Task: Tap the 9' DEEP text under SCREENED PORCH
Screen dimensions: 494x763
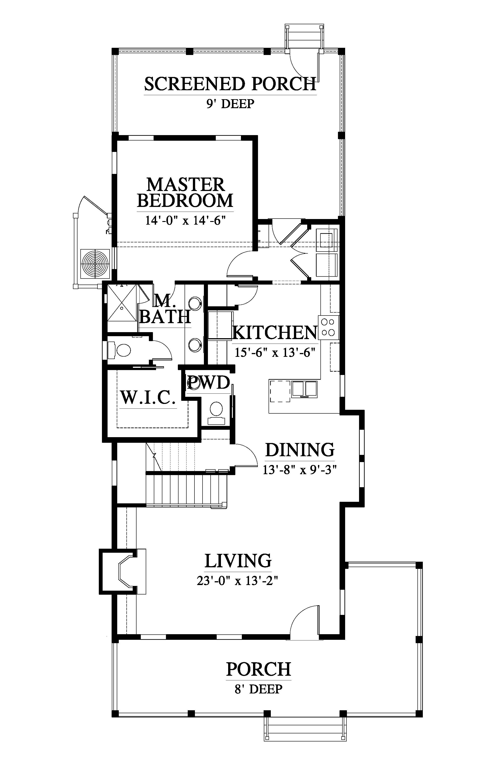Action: pos(230,104)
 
